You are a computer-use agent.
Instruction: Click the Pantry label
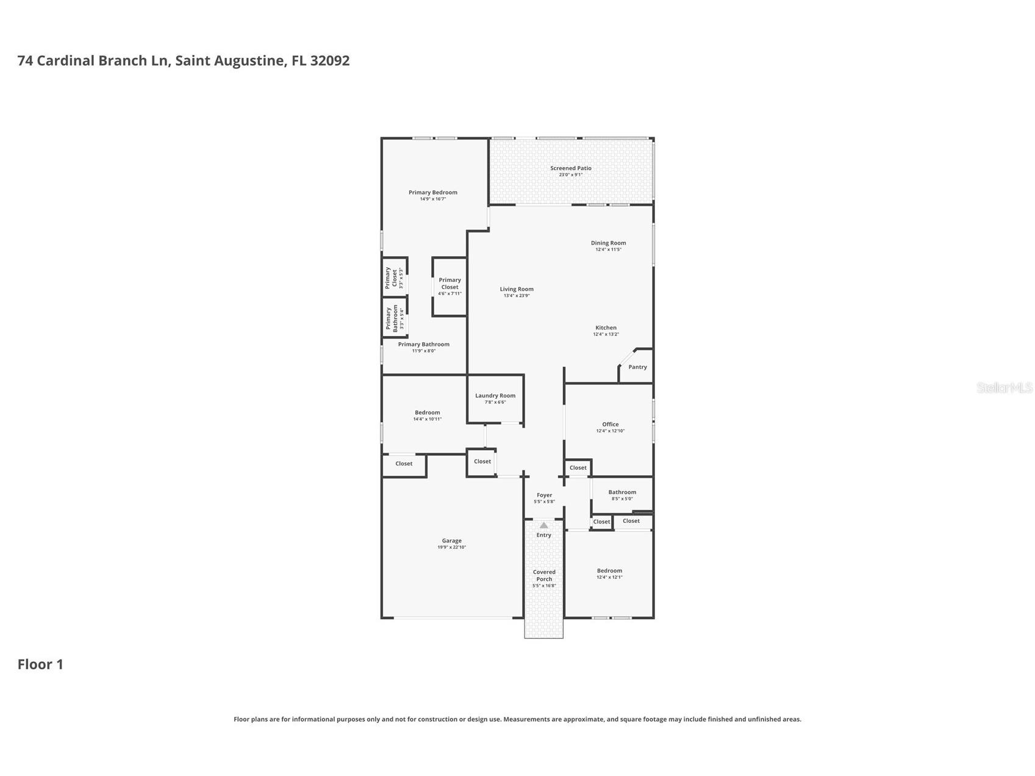point(637,367)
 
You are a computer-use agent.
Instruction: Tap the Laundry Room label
point(495,396)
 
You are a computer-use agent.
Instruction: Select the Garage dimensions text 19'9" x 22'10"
point(451,548)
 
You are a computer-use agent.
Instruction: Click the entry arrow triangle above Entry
point(543,525)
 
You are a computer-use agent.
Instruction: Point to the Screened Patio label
point(571,168)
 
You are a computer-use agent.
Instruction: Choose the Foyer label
point(544,495)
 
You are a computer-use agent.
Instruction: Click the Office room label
point(610,425)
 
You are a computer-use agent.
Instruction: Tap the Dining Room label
point(608,243)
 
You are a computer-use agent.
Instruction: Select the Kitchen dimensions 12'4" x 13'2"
point(606,334)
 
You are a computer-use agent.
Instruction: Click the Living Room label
point(517,289)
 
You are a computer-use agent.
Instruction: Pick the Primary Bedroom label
point(432,193)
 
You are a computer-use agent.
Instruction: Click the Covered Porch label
point(544,576)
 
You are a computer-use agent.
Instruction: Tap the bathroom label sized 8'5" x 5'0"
point(622,492)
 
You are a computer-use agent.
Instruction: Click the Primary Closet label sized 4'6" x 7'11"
point(449,284)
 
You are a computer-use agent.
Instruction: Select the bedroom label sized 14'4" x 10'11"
point(427,413)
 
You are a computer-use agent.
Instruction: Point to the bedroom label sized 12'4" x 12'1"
point(609,571)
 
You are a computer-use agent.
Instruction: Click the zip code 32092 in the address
point(330,61)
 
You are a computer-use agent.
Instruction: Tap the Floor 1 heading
point(40,664)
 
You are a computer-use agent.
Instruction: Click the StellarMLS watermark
point(1004,388)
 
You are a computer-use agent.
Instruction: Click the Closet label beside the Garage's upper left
point(404,464)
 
